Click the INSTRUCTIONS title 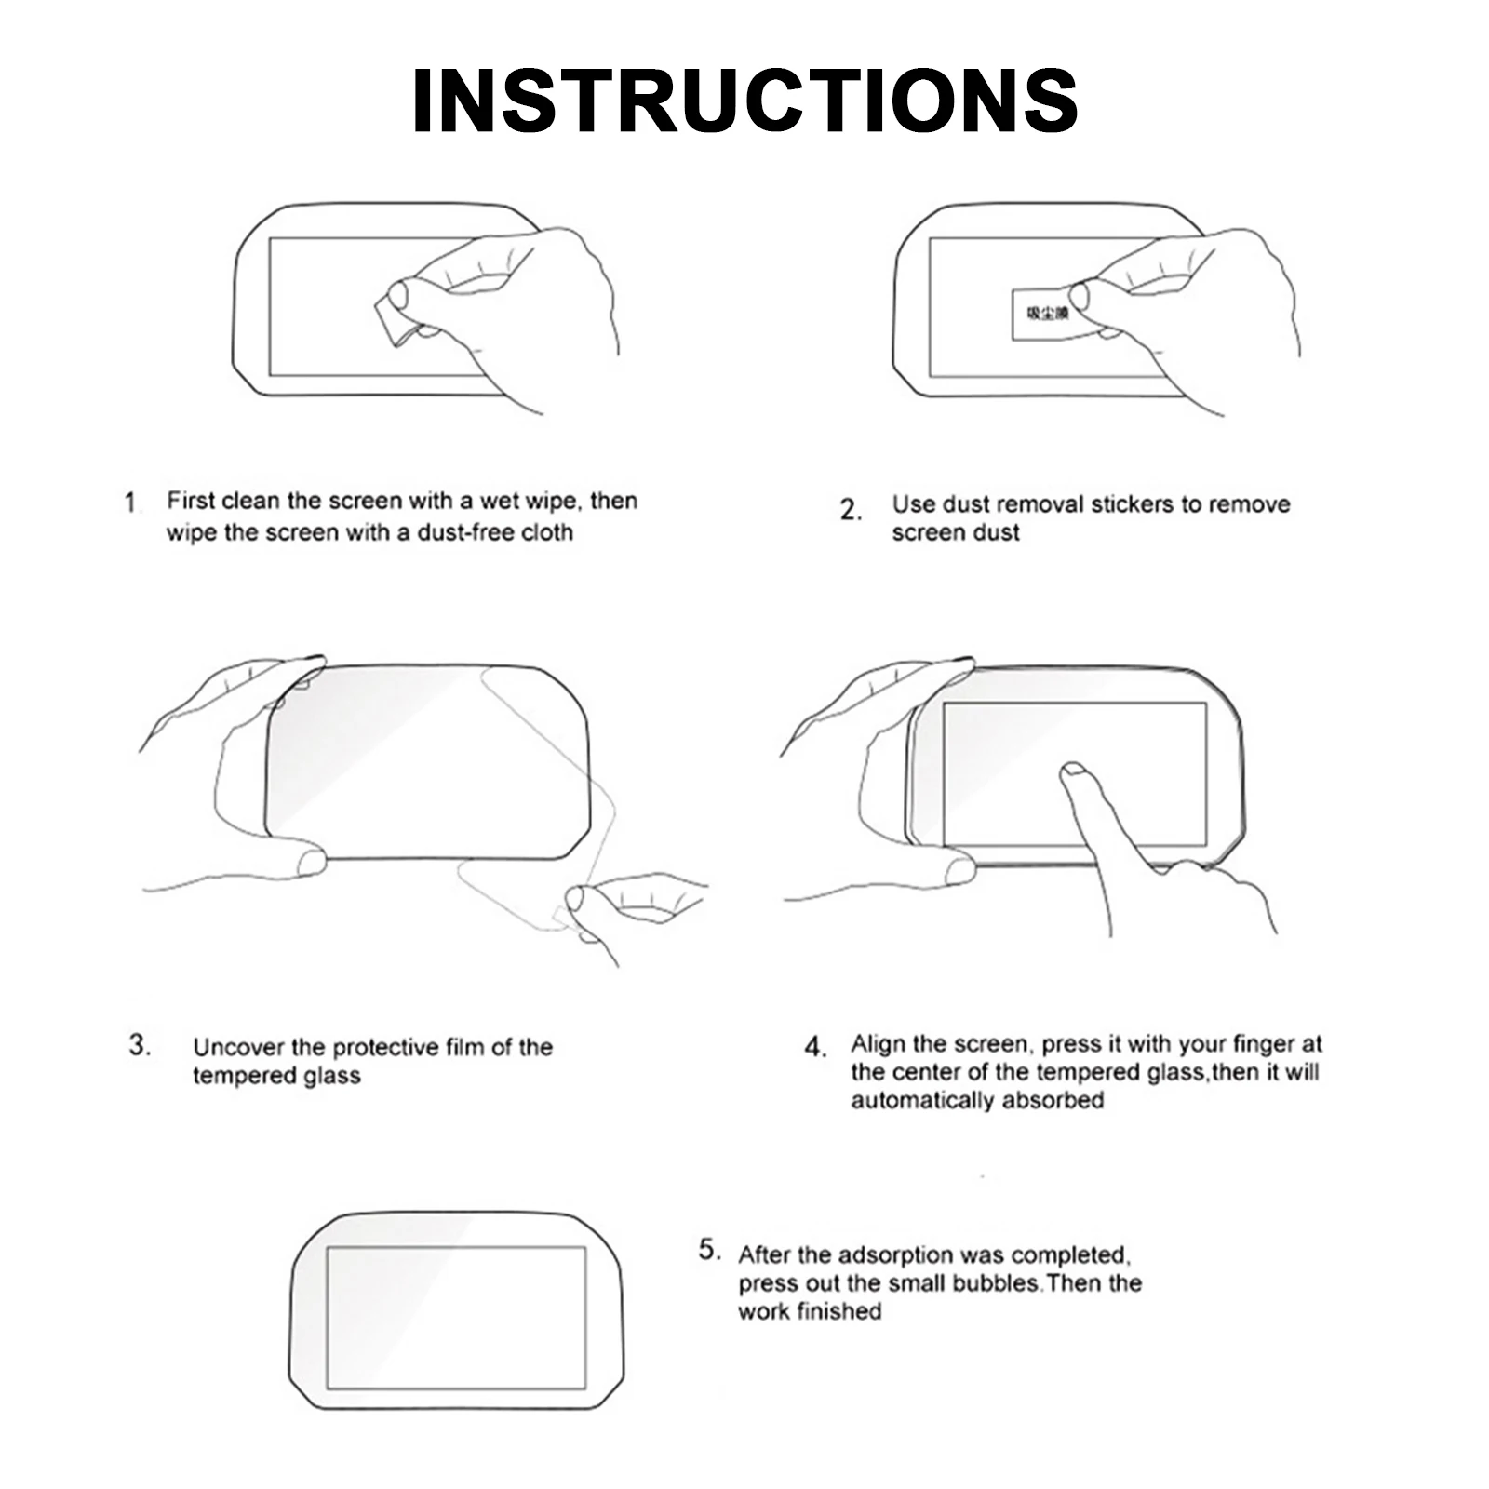[x=744, y=101]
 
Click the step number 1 [x=130, y=503]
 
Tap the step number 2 [x=850, y=510]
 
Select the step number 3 [x=140, y=1045]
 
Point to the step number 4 [x=814, y=1048]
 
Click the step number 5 [x=709, y=1250]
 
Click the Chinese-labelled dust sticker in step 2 [x=1042, y=315]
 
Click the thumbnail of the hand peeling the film [x=574, y=898]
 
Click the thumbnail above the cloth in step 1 [x=398, y=295]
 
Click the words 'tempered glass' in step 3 [x=275, y=1076]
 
